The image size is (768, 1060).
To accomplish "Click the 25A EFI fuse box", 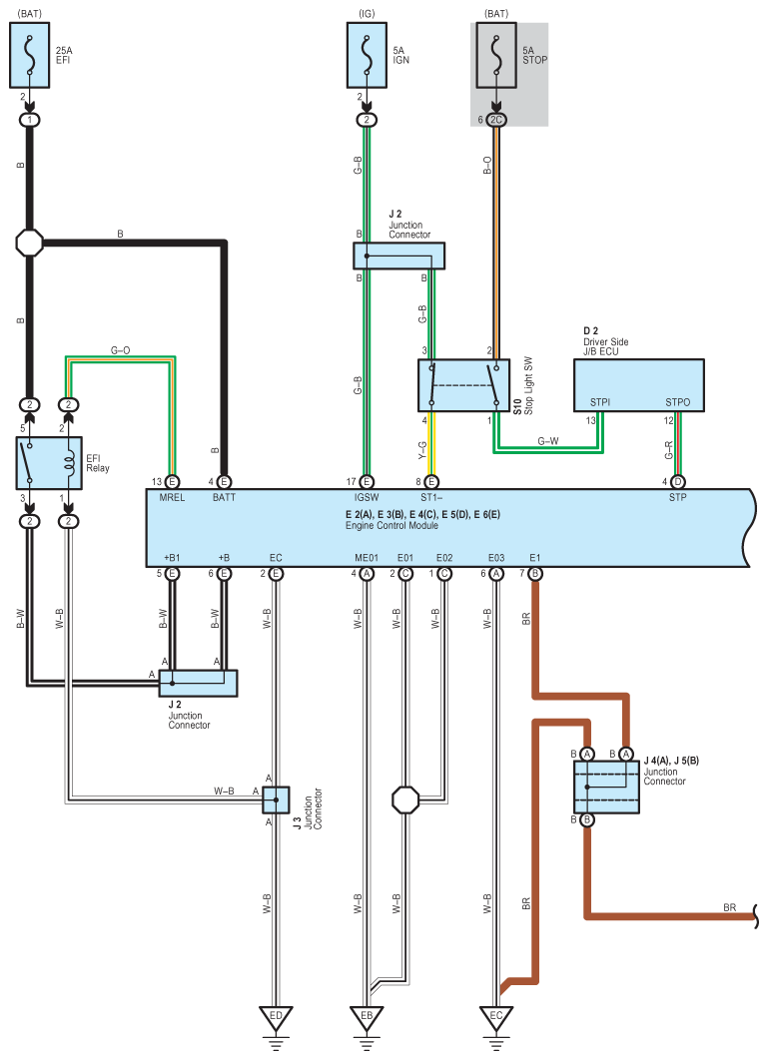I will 30,57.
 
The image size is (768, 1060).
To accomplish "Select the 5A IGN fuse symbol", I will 367,57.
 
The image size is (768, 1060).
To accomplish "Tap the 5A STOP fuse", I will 496,57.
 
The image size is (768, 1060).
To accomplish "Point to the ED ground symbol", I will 276,1019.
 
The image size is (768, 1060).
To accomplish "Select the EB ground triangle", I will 367,1019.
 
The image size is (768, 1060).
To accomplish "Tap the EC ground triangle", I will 496,1019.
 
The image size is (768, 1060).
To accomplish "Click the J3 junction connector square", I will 276,800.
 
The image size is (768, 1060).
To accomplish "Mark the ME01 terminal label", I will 367,558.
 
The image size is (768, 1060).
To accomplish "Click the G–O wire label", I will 121,350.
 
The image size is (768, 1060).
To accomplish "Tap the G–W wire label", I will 548,440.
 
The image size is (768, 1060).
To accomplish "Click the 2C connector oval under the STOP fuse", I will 496,120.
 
